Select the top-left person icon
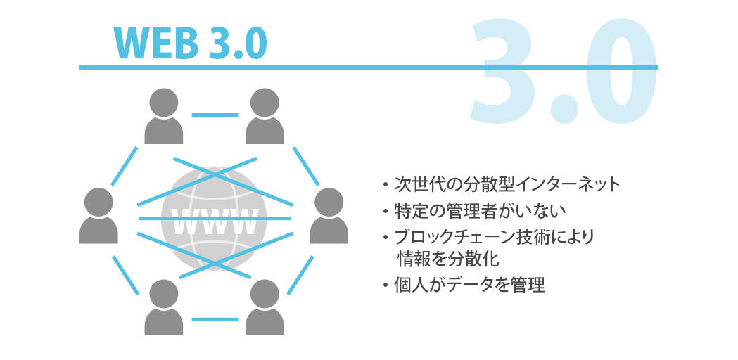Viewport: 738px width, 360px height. (x=163, y=116)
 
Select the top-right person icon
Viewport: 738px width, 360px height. (x=265, y=116)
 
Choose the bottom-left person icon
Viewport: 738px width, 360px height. (x=163, y=307)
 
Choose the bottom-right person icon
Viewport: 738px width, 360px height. (x=265, y=307)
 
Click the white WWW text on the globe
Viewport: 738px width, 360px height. (x=214, y=221)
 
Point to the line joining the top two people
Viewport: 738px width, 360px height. (x=214, y=114)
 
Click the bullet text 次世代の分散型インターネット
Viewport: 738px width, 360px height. (x=507, y=185)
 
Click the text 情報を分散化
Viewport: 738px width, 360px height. (x=448, y=259)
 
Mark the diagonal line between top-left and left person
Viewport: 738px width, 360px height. (x=125, y=166)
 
